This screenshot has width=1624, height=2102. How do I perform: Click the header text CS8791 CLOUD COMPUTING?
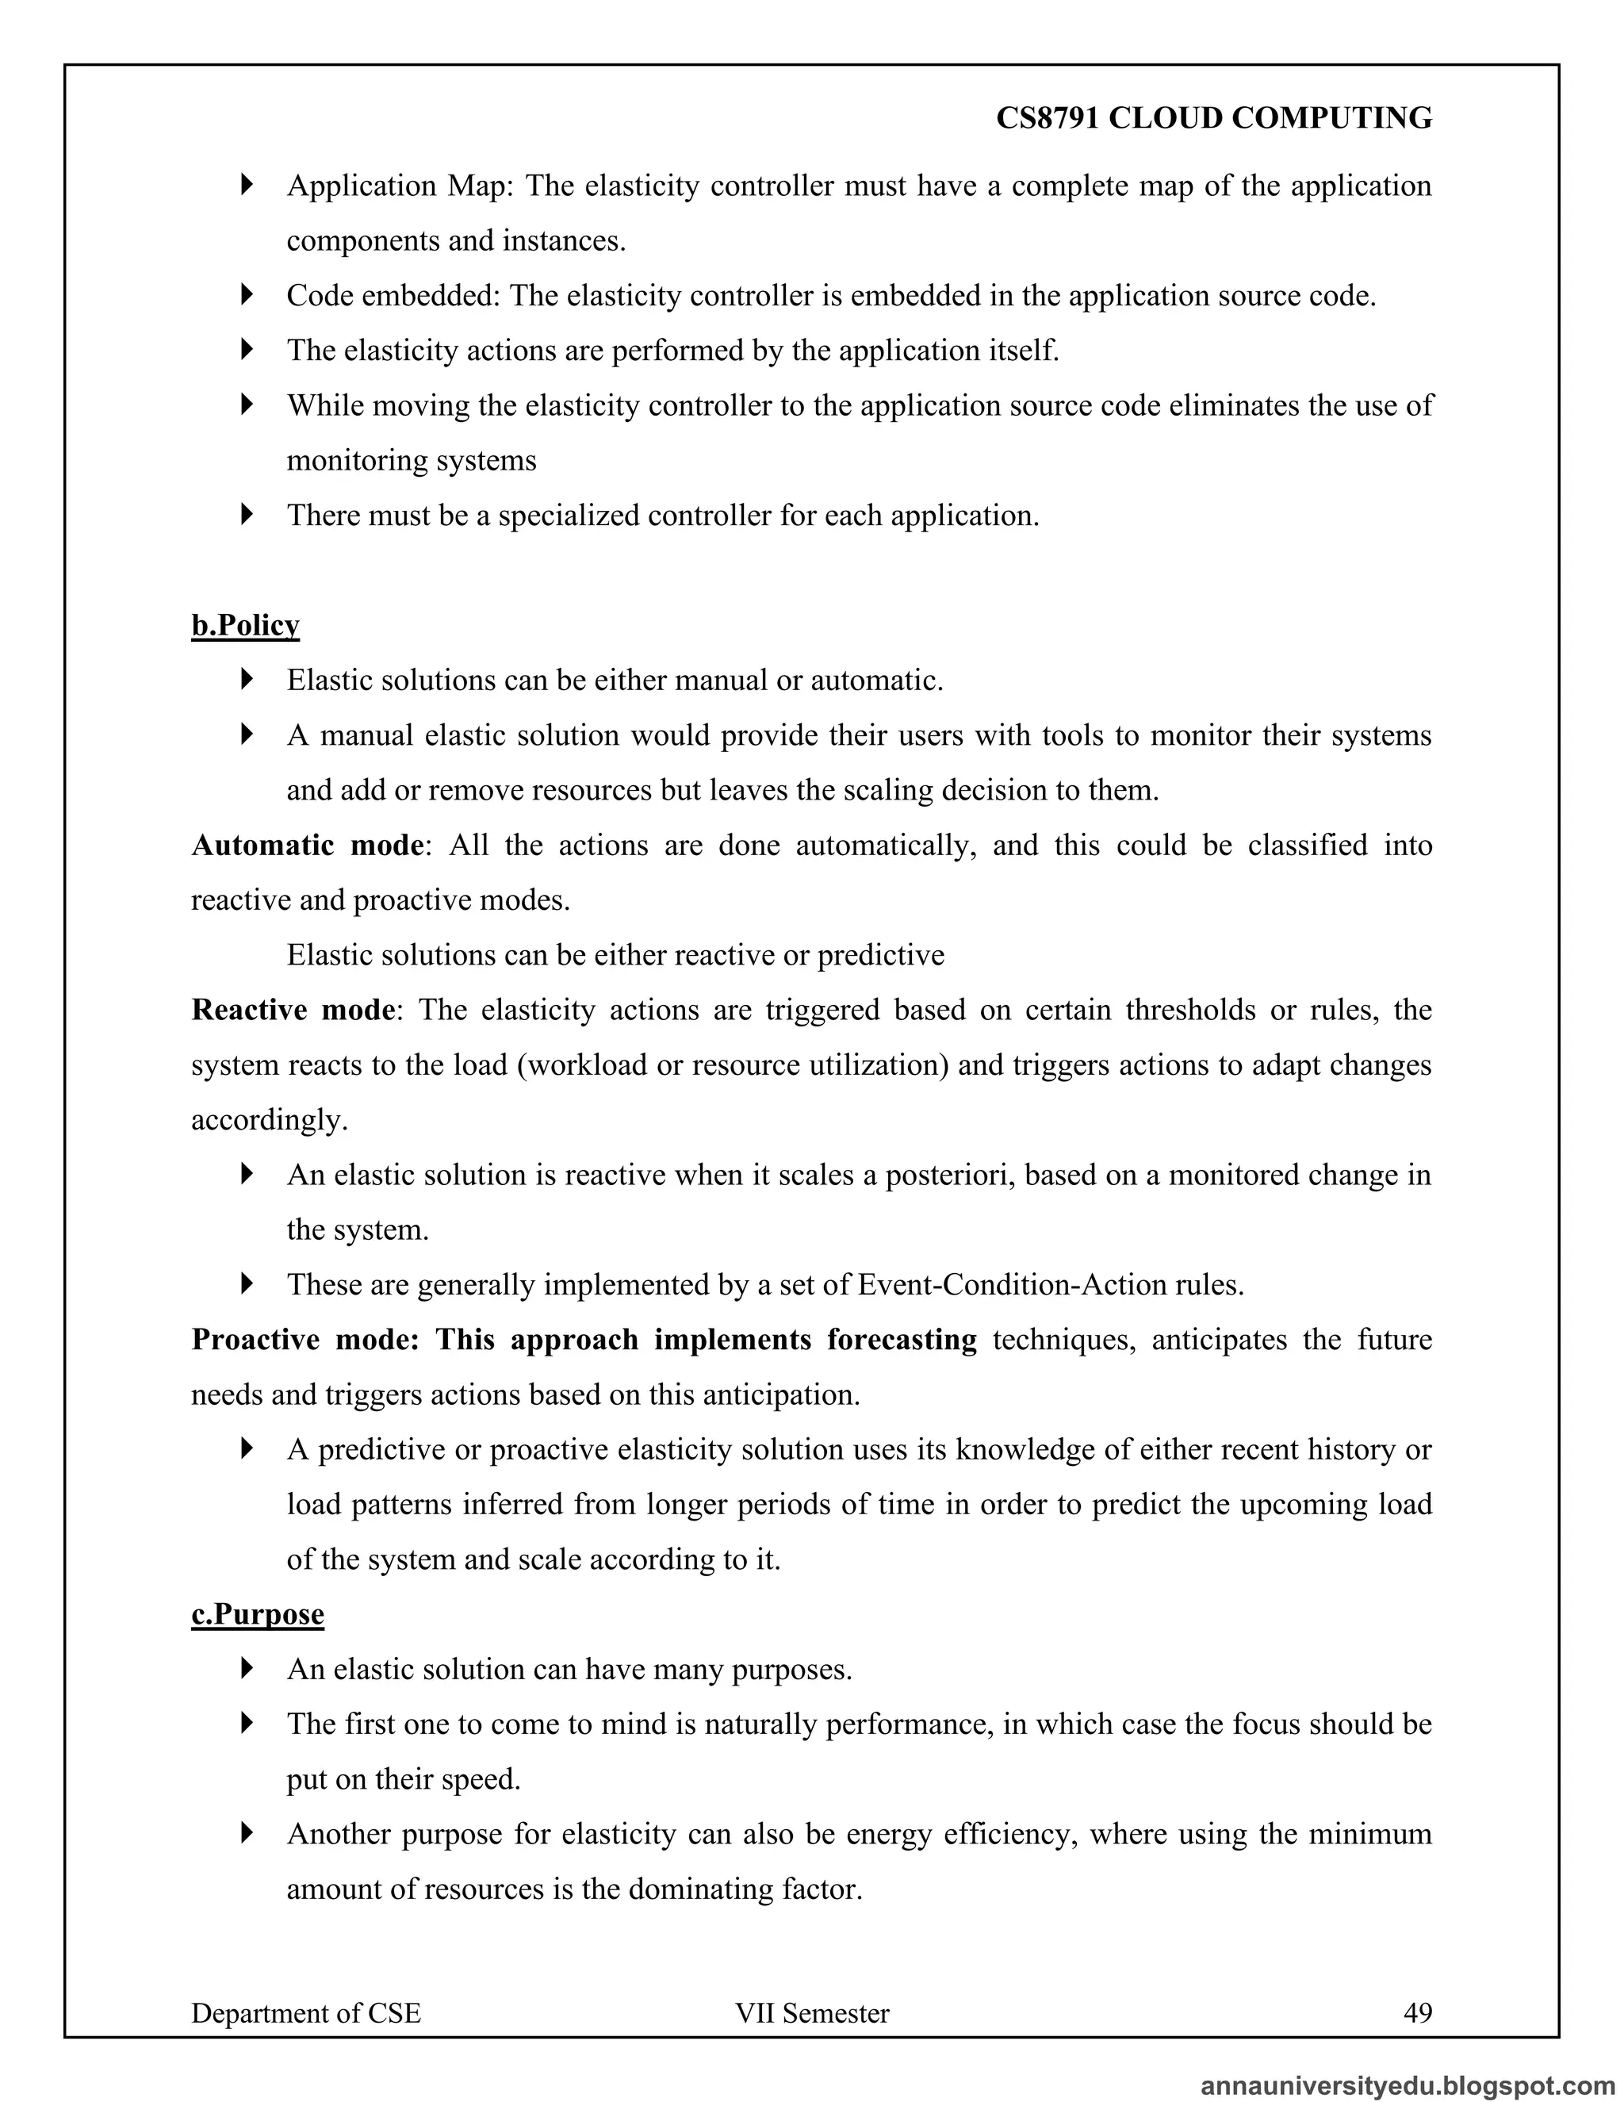(x=1213, y=118)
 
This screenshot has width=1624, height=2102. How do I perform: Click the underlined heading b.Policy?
(x=245, y=626)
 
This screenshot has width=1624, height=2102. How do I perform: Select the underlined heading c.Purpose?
(x=257, y=1614)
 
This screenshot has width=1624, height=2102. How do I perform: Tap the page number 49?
(x=1417, y=2012)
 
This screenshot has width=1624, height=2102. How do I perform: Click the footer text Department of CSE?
(x=306, y=2013)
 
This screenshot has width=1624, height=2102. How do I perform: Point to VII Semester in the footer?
(x=811, y=2013)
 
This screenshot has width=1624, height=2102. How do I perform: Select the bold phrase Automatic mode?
(x=307, y=845)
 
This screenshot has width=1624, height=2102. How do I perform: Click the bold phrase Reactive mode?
(x=293, y=1010)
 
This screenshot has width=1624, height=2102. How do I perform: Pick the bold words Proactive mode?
(x=304, y=1340)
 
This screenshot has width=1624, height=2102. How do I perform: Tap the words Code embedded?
(x=392, y=296)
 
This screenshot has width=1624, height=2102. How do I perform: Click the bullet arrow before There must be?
(x=247, y=515)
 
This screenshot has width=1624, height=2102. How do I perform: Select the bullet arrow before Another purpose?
(x=247, y=1833)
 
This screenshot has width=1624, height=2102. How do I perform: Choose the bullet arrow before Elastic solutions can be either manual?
(x=247, y=680)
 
